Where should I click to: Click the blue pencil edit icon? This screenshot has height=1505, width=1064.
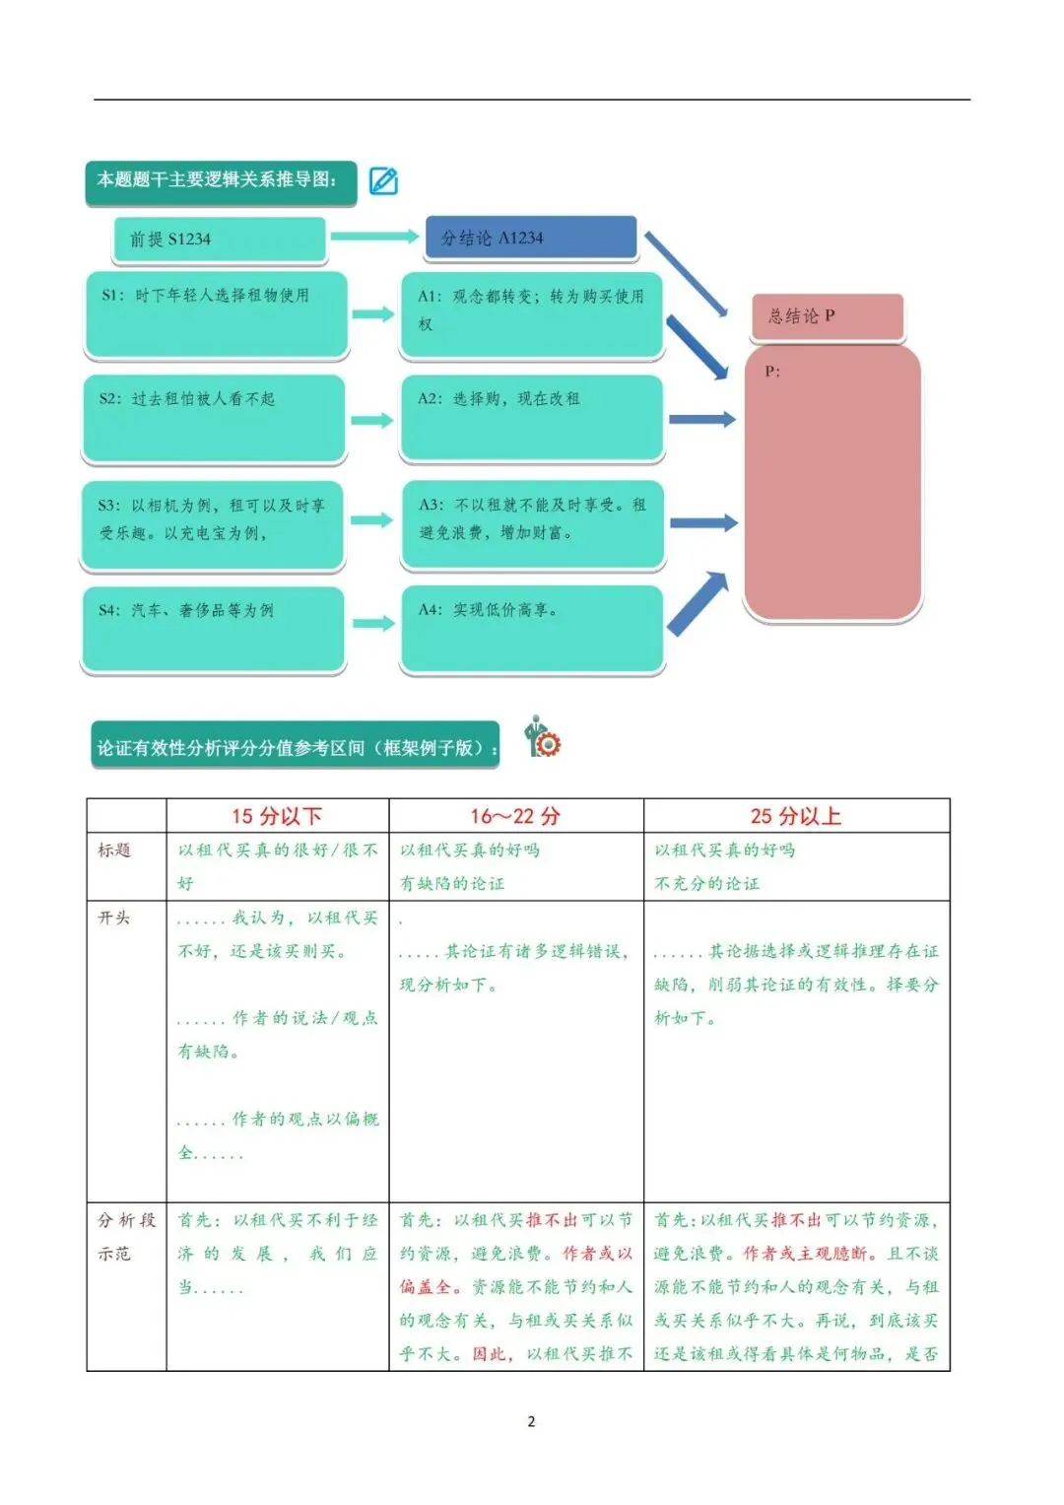point(383,180)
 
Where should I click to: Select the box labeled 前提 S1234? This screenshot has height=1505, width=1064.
point(220,239)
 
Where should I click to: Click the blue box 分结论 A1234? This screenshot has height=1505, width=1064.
point(531,238)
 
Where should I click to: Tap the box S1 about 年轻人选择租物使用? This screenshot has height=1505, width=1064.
point(216,313)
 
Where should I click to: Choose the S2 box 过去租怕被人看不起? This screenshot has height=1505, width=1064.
point(214,418)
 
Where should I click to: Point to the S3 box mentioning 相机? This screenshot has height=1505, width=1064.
point(213,524)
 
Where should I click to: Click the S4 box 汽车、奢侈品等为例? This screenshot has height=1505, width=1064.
point(213,629)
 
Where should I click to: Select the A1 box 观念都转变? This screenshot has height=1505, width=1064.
point(531,314)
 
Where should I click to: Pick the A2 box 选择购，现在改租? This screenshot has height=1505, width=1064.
point(531,418)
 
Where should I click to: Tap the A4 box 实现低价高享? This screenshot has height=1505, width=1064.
point(532,629)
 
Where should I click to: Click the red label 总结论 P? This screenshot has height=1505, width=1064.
point(827,316)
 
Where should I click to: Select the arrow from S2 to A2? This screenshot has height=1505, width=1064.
point(372,420)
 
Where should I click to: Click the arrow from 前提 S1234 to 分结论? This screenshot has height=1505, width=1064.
point(374,237)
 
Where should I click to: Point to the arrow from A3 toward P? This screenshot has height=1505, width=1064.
point(702,523)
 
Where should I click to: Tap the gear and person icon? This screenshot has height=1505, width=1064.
point(542,737)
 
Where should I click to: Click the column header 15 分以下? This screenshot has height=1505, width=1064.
point(277,816)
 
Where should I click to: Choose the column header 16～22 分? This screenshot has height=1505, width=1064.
point(515,816)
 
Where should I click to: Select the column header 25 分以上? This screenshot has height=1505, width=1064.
point(796,816)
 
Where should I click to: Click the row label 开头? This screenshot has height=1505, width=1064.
point(114,918)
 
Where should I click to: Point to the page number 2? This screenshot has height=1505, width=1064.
point(532,1421)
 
